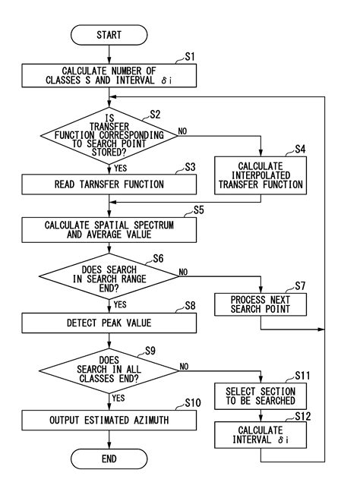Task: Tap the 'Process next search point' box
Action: tap(261, 303)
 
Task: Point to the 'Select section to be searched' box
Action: tap(261, 395)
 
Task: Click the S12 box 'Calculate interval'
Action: tap(261, 435)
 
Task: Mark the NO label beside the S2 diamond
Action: tap(182, 131)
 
